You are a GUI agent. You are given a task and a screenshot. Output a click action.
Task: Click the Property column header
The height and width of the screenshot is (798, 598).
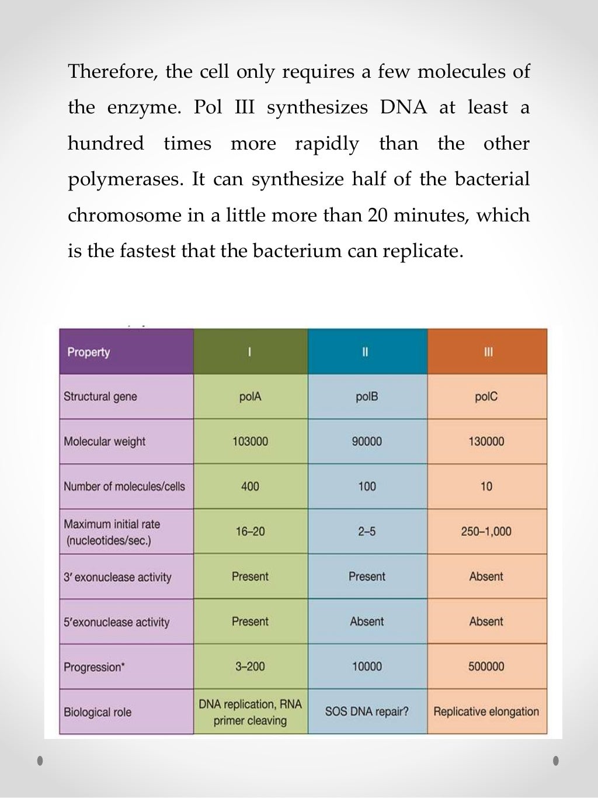click(x=89, y=352)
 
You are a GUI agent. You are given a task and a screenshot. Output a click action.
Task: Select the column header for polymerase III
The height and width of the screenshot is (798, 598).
click(x=488, y=352)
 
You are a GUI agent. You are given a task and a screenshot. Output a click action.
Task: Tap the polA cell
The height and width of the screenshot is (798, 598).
click(x=250, y=397)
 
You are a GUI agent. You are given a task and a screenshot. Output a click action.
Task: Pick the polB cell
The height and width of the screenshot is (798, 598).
click(x=367, y=397)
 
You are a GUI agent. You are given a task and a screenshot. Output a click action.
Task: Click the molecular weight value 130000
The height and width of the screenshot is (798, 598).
click(x=486, y=442)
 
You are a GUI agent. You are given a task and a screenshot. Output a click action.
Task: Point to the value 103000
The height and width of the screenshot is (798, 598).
click(x=250, y=442)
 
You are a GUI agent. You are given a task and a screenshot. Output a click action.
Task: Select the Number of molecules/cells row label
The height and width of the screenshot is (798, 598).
click(x=124, y=487)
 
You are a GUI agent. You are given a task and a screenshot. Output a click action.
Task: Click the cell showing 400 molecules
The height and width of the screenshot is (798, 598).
click(x=250, y=487)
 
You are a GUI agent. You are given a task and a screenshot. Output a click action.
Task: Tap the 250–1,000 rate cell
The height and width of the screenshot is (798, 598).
click(x=486, y=532)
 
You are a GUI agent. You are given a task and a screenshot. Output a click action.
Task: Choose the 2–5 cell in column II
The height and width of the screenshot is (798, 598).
click(x=367, y=532)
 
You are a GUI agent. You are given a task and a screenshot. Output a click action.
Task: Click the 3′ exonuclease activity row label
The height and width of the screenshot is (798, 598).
click(x=117, y=577)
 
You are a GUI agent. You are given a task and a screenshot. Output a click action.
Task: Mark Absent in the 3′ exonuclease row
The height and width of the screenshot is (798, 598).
click(x=486, y=577)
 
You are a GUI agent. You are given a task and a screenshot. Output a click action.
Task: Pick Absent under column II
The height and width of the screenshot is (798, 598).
click(x=367, y=622)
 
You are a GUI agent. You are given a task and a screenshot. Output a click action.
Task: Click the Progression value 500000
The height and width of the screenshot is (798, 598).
click(x=486, y=667)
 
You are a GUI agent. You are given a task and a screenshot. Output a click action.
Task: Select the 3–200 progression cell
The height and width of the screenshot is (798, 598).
click(x=250, y=667)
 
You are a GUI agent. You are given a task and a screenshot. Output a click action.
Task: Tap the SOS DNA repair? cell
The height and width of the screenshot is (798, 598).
click(x=367, y=712)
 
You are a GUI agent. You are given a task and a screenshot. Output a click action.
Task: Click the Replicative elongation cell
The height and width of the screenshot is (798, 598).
click(x=486, y=712)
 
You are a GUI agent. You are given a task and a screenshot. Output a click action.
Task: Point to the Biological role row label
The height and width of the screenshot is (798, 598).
click(x=98, y=712)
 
